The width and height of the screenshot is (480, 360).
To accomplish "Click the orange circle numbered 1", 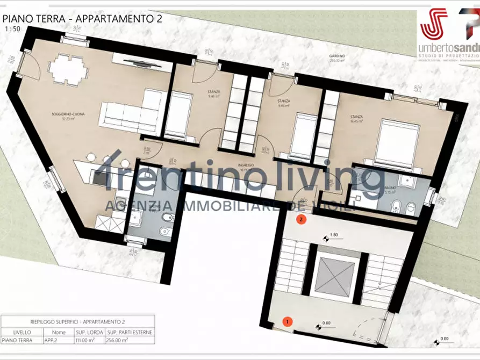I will point(288,322).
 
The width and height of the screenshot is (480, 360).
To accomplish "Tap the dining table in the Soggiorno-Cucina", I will point(68,68).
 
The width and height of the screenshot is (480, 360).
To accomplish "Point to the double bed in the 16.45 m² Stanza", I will point(398,141).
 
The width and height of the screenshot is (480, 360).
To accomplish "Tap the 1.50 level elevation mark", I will point(333,235).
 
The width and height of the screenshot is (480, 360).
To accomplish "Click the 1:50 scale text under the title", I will point(11,30).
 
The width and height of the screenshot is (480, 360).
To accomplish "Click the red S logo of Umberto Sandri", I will point(434,24).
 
